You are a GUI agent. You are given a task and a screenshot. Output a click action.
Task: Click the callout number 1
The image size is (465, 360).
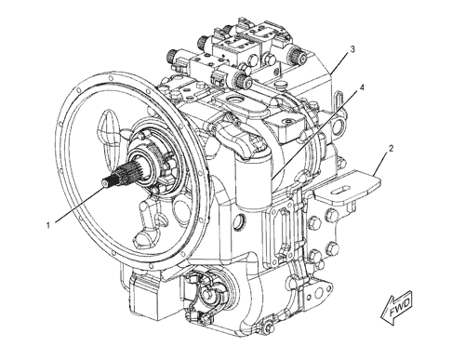(x=48, y=225)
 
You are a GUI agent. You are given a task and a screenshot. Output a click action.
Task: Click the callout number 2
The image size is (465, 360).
(x=392, y=149)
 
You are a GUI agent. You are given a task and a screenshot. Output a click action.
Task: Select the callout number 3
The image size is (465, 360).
(x=352, y=49)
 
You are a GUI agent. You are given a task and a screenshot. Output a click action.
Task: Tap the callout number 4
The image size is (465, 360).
(x=362, y=87)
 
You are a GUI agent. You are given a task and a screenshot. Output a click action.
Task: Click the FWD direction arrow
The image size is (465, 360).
(x=397, y=308)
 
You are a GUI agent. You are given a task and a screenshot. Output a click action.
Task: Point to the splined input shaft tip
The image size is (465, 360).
(x=106, y=184)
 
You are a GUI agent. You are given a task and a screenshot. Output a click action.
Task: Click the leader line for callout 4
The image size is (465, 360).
(x=314, y=136)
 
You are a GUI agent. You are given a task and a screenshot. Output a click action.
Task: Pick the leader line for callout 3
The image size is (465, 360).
(x=339, y=64)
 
